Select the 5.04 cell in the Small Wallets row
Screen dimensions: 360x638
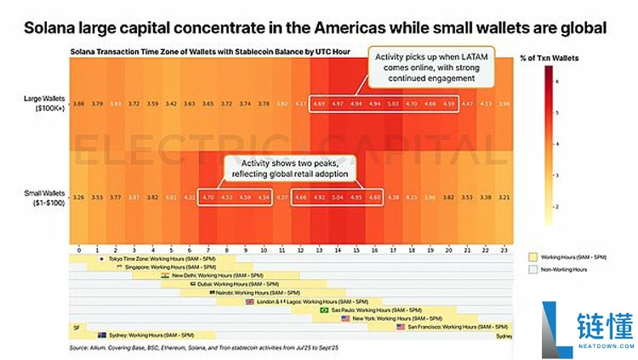click(338, 197)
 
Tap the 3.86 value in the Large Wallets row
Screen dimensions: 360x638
click(78, 103)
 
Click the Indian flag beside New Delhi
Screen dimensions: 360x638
click(164, 276)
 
